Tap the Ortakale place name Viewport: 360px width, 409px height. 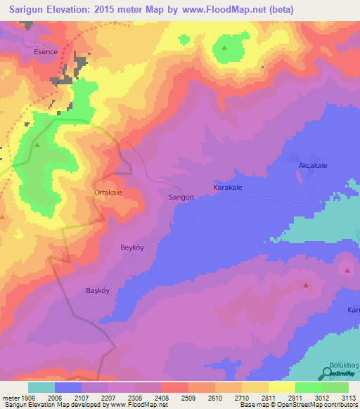coord(109,192)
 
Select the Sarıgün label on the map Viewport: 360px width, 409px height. coord(181,198)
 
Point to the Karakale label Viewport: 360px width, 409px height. coord(228,188)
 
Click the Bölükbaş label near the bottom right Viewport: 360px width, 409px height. coord(345,367)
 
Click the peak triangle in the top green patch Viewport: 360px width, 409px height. coord(224,48)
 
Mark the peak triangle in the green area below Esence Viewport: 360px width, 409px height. coord(37,145)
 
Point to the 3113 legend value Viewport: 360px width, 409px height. coord(348,397)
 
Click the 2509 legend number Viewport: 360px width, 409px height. coord(188,397)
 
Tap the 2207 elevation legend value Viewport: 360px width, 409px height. coord(108,397)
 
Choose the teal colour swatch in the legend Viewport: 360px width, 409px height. coord(41,387)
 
